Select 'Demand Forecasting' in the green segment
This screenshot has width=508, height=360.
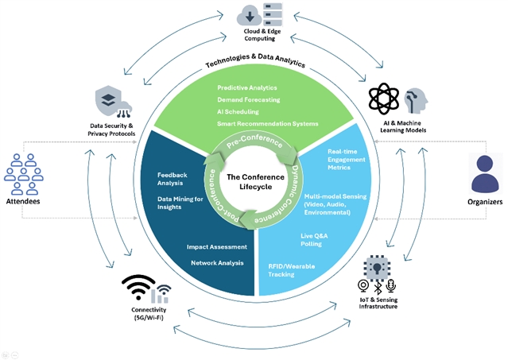click(246, 99)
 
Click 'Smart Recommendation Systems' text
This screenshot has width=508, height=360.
click(267, 123)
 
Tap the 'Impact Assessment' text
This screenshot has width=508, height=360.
click(211, 247)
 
